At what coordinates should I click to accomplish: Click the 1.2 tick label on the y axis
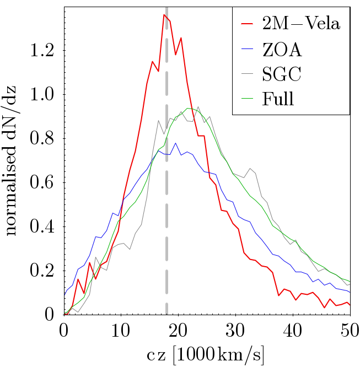pos(44,51)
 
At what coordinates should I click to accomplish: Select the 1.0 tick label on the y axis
pos(44,95)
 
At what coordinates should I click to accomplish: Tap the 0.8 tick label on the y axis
pos(44,139)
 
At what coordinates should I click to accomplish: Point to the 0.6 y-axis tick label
pos(44,183)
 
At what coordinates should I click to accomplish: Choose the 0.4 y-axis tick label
pos(44,226)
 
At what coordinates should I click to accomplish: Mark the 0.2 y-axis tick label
pos(44,271)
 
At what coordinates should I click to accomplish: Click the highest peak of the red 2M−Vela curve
pos(164,15)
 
